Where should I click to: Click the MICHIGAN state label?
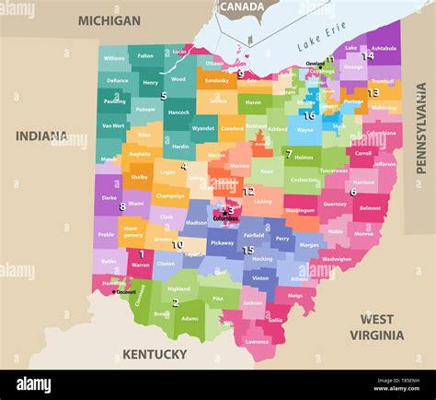tap(109, 20)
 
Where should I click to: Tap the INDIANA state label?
tap(40, 135)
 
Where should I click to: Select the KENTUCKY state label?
tap(155, 354)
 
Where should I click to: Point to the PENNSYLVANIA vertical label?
tap(421, 128)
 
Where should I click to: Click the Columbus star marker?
tap(224, 211)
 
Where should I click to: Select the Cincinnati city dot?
tap(114, 291)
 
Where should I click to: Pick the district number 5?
tap(164, 95)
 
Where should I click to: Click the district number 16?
tap(309, 116)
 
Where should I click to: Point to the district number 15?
tap(248, 250)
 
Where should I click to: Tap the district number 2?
tap(175, 302)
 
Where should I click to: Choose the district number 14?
tap(368, 55)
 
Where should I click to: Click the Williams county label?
tap(114, 58)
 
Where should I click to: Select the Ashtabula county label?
tap(384, 48)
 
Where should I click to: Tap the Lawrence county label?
tap(258, 341)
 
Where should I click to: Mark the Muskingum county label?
tap(300, 210)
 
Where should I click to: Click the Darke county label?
tap(109, 197)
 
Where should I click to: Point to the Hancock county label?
tap(178, 112)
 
